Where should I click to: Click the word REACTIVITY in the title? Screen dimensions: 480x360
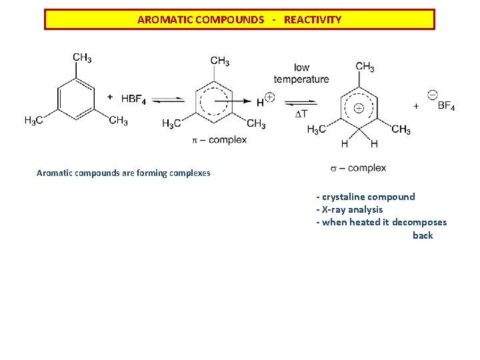point(312,20)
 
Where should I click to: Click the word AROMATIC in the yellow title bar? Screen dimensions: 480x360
point(165,20)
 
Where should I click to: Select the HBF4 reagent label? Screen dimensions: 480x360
point(133,99)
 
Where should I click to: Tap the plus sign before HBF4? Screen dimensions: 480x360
point(110,97)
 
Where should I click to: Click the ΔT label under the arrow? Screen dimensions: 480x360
point(301,114)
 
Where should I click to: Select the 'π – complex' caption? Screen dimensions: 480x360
point(219,140)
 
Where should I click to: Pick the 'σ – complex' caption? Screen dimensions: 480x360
point(358,168)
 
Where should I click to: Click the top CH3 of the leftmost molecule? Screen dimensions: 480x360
point(82,58)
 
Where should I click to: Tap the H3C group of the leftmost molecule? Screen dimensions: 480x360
point(34,121)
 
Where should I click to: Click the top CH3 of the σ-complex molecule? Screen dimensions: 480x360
point(365,67)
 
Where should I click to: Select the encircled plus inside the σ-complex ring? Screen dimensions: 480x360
point(358,107)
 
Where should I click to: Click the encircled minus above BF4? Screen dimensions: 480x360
point(432,95)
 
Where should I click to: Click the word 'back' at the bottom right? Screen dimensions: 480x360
point(423,235)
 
